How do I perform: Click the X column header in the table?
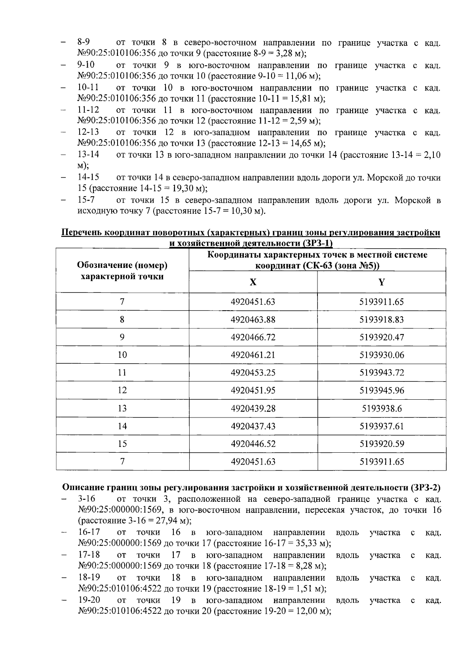pos(253,282)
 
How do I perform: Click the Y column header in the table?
pos(382,282)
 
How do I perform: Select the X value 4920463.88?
pos(253,320)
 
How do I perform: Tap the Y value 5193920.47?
pos(382,338)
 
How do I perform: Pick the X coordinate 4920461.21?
pos(253,355)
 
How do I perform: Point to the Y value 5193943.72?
pos(382,373)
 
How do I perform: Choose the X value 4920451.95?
pos(253,391)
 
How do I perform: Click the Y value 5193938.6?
pos(382,408)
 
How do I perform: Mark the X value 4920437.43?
pos(253,426)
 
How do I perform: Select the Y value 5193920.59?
pos(382,444)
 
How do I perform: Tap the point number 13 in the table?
pos(122,408)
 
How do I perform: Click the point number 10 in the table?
pos(122,355)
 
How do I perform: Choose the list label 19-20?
pos(89,600)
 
